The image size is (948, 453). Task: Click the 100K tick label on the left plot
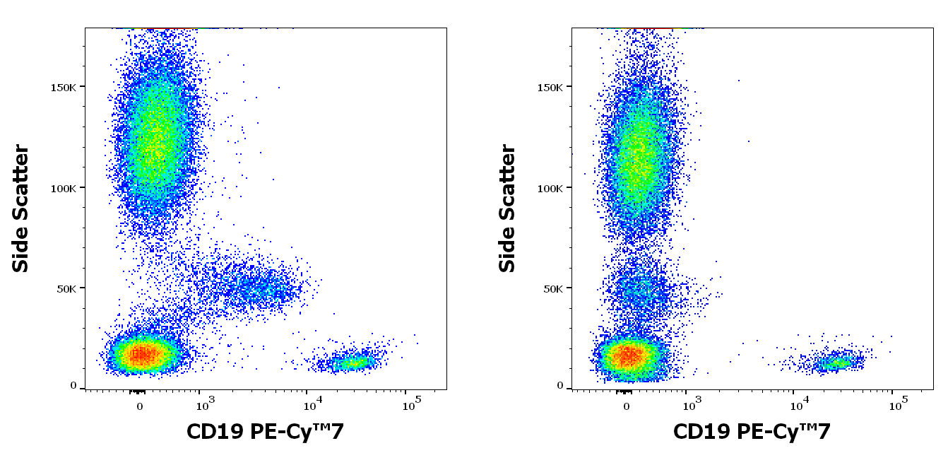[x=67, y=188]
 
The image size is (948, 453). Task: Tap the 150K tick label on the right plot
[x=554, y=87]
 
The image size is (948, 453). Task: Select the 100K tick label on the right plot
[x=554, y=188]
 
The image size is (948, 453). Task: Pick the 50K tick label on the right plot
[x=557, y=288]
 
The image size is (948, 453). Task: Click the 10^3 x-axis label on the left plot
[x=204, y=405]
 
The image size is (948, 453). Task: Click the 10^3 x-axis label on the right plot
[x=691, y=405]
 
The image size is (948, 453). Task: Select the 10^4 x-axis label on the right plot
[x=799, y=405]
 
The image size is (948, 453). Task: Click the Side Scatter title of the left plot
[x=21, y=208]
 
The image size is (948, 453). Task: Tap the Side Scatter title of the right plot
[x=508, y=208]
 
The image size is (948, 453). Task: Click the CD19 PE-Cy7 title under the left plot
[x=265, y=432]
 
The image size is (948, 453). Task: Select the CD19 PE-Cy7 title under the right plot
[x=752, y=432]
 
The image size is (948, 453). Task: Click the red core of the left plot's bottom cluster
[x=141, y=353]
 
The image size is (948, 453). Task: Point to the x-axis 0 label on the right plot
[x=626, y=406]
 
